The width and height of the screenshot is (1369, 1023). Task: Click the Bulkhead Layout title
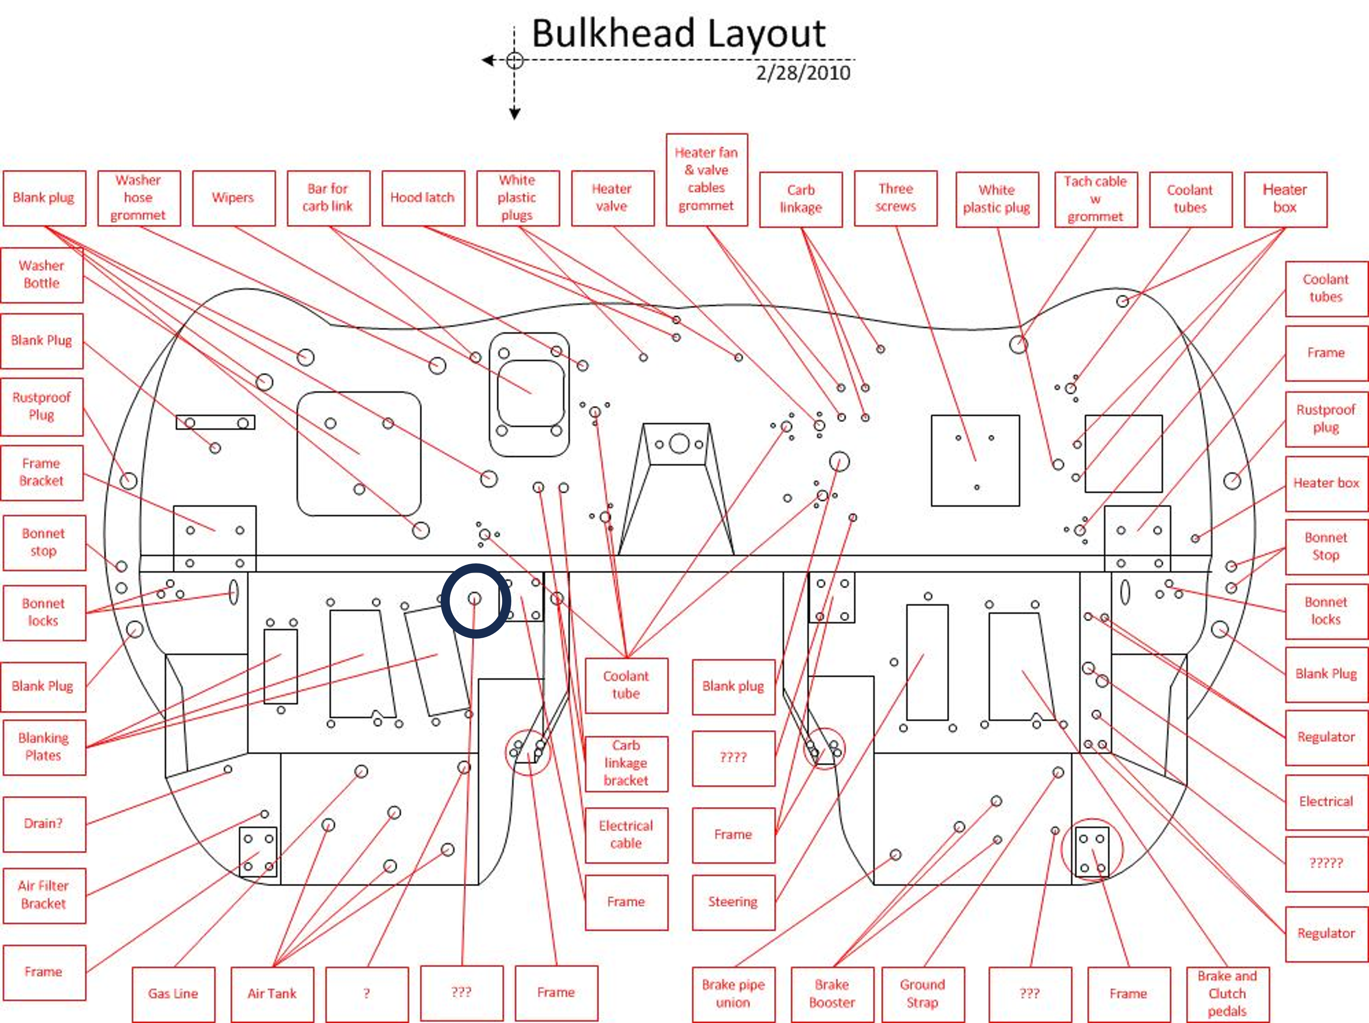click(x=678, y=34)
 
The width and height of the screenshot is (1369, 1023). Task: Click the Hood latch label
click(x=423, y=198)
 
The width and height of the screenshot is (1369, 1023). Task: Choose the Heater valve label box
click(x=613, y=198)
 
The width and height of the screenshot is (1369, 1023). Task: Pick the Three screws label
click(x=896, y=198)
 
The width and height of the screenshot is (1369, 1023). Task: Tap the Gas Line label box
click(x=173, y=994)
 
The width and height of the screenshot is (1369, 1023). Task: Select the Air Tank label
click(x=272, y=994)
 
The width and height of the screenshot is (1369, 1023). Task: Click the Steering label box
click(x=733, y=902)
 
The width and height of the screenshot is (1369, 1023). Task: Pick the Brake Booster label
click(x=832, y=994)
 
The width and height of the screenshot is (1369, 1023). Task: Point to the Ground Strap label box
click(x=923, y=994)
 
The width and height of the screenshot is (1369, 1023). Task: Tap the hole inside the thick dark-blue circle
click(x=474, y=599)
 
